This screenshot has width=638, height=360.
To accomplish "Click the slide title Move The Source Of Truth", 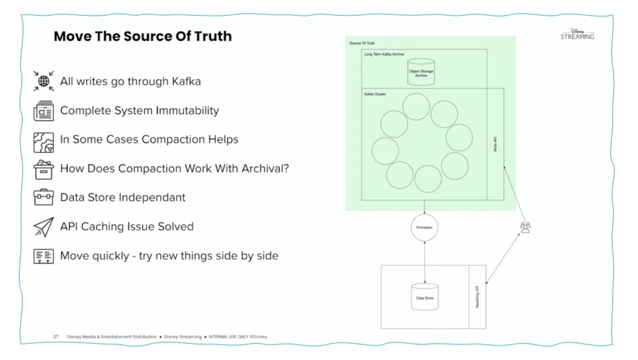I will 143,36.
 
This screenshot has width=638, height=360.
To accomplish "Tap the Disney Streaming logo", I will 577,34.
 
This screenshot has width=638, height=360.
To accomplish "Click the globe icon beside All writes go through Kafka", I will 44,81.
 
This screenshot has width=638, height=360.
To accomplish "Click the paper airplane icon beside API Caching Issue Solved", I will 44,227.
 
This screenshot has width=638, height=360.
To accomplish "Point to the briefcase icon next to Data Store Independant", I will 44,197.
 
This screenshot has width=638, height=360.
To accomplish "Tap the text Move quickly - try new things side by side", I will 169,255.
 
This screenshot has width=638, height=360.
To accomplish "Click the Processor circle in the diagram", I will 424,228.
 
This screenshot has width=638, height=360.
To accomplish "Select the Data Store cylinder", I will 424,297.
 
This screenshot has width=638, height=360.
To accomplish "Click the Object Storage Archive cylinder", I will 421,72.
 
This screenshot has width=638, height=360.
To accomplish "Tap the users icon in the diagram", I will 525,228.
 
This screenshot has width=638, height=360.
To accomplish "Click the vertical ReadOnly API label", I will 478,298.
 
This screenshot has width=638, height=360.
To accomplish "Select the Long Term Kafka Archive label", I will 384,54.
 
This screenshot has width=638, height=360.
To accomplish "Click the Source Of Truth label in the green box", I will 361,42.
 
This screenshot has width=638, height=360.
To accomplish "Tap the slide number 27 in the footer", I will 56,337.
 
